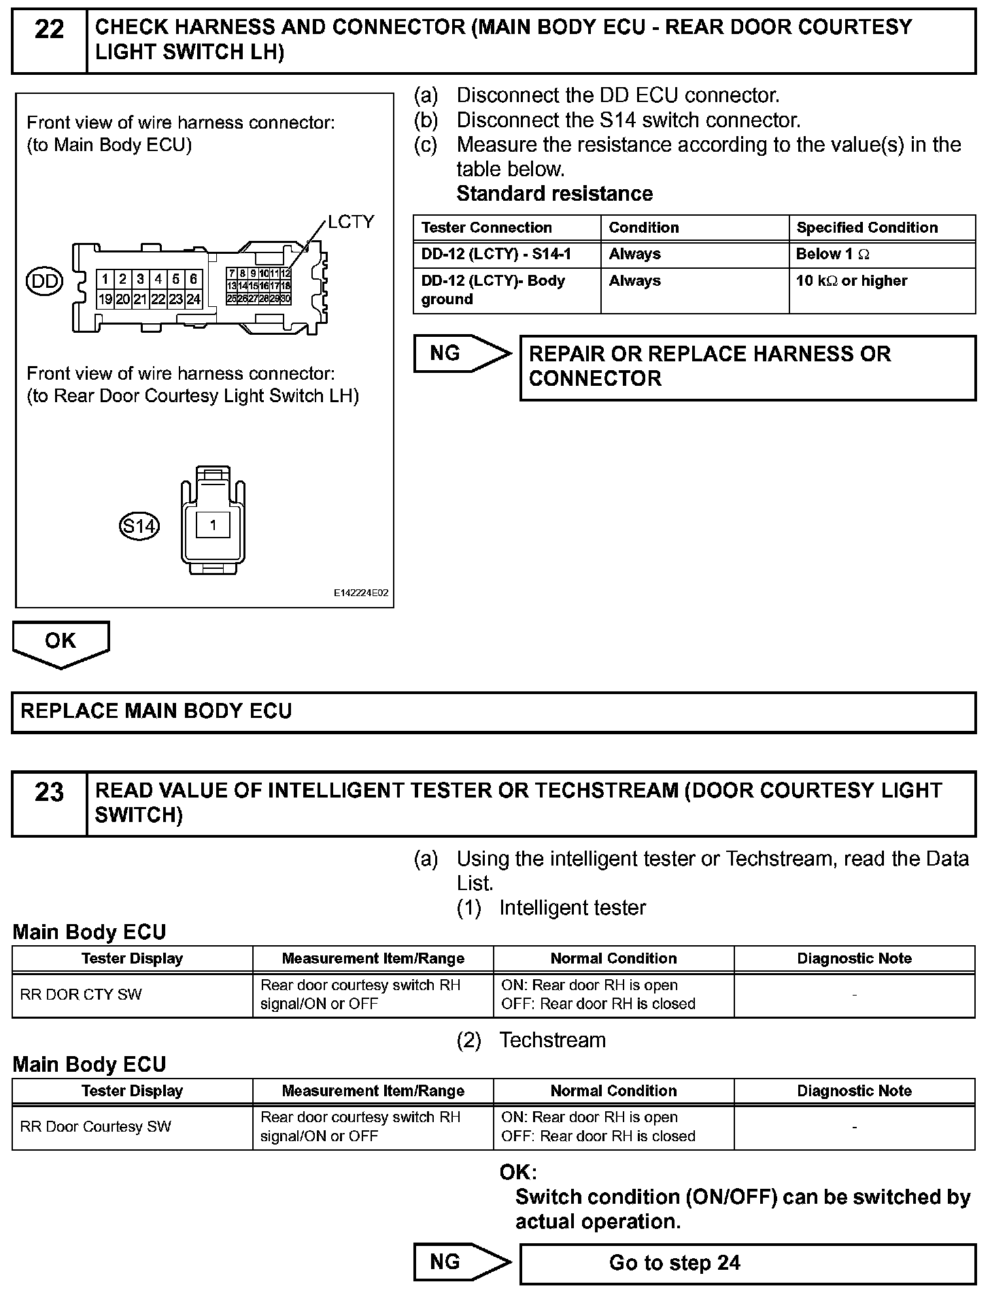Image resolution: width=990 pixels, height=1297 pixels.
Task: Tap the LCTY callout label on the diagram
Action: (x=351, y=222)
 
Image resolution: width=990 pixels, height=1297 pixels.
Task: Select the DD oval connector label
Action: (x=44, y=281)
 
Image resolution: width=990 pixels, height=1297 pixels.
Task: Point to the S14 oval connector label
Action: (x=139, y=526)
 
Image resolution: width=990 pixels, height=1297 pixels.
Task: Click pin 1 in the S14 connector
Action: (x=214, y=525)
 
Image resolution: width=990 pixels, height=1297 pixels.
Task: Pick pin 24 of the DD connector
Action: (x=194, y=299)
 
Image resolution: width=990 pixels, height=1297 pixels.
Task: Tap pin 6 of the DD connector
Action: (x=194, y=279)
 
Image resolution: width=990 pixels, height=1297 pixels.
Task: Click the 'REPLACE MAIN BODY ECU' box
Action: (x=494, y=712)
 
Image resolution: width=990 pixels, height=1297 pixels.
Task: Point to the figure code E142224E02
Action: (x=360, y=593)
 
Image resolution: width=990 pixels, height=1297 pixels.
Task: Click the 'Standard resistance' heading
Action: (x=554, y=194)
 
